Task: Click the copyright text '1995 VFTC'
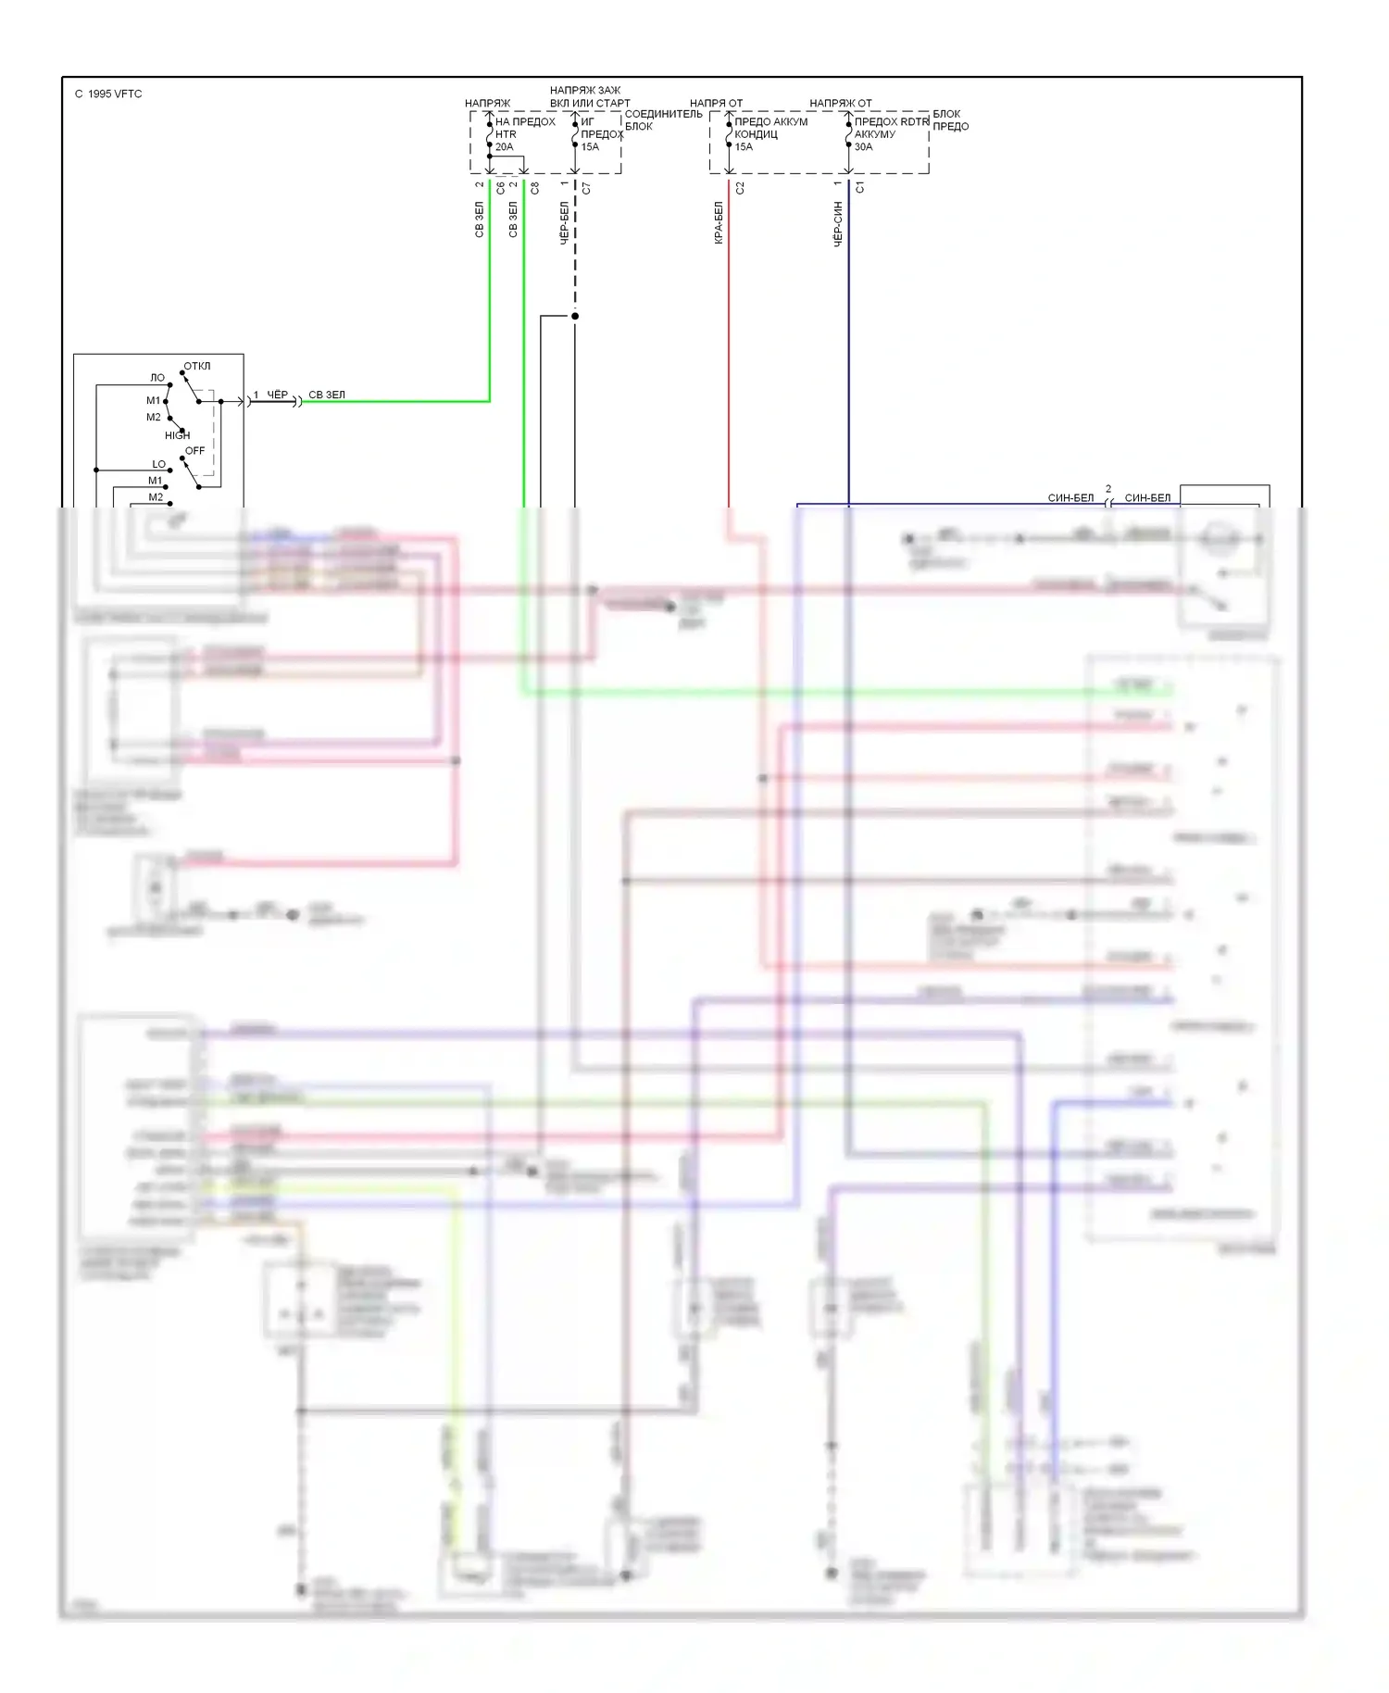pos(115,94)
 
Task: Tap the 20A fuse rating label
pos(504,147)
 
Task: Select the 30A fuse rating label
pos(863,147)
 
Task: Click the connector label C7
pos(586,188)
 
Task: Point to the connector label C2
pos(740,188)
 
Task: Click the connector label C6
pos(501,188)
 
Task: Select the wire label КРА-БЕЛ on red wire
pos(719,223)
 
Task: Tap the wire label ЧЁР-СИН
pos(838,224)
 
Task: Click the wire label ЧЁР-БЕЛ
pos(564,223)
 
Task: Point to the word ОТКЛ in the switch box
pos(197,366)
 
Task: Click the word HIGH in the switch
pos(177,435)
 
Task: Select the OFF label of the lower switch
pos(194,451)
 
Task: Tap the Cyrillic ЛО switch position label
pos(157,378)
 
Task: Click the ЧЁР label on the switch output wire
pos(278,395)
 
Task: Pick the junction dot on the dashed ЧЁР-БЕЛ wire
pos(575,316)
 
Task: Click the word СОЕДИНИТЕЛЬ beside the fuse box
pos(663,114)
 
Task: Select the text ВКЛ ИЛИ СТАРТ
pos(590,104)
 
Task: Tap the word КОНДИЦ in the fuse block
pos(756,134)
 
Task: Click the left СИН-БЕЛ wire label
pos(1070,498)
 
